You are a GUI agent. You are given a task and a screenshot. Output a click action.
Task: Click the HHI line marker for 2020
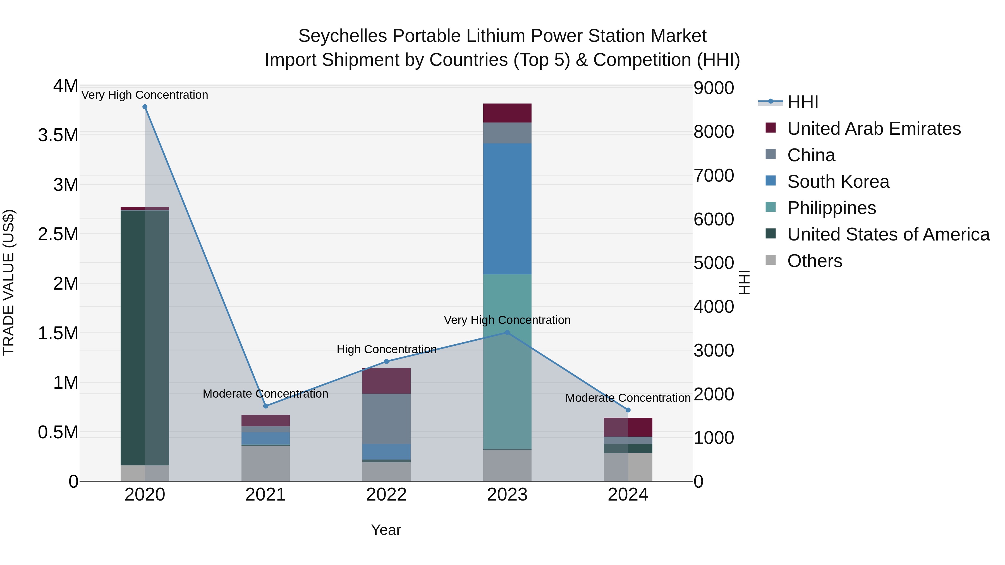(145, 107)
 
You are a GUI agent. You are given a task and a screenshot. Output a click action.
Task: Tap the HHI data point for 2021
(266, 406)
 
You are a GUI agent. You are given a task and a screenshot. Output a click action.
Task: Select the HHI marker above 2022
(387, 361)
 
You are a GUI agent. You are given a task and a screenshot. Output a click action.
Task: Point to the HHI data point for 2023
(507, 333)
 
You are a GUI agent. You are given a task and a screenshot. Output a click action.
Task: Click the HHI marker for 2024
(628, 410)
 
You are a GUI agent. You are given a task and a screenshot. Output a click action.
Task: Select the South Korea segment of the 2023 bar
(507, 209)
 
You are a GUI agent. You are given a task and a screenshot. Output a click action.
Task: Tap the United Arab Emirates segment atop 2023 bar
(507, 113)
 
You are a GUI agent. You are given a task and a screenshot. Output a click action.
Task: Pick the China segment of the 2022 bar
(387, 419)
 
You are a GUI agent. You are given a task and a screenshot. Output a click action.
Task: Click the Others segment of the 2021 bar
(266, 463)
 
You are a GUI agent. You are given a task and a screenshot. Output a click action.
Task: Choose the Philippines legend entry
(831, 208)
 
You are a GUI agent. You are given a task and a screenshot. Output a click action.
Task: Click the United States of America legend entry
(888, 234)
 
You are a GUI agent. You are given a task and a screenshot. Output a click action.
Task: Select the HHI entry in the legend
(803, 102)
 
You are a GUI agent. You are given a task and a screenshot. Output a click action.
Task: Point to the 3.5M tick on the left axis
(58, 135)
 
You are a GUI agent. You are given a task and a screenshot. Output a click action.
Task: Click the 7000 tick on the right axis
(714, 175)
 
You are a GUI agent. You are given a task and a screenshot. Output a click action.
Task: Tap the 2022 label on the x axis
(387, 495)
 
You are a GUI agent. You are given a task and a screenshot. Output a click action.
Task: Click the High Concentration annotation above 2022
(387, 349)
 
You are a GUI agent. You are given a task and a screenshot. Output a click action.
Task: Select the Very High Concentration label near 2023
(507, 320)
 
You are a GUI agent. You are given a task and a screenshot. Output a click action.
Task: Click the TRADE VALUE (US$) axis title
(9, 282)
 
